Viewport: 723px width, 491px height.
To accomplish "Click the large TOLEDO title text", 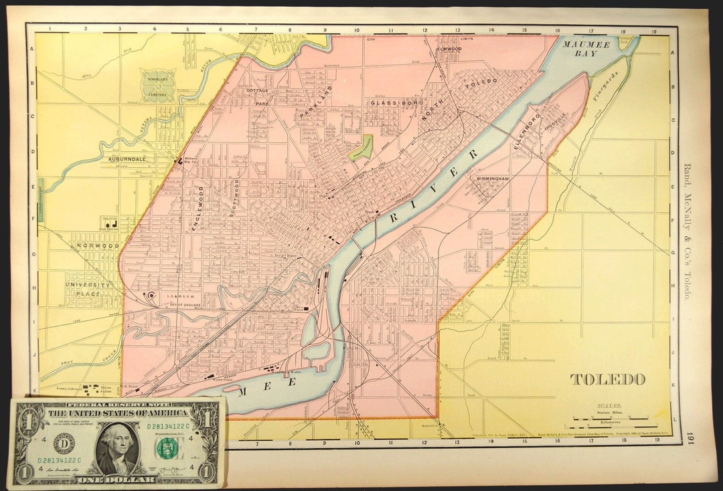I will point(608,379).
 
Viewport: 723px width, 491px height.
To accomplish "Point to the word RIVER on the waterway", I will point(436,186).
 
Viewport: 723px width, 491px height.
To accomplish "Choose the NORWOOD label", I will point(98,246).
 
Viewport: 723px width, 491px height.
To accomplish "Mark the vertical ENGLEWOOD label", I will point(198,208).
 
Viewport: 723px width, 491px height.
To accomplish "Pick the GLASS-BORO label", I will point(394,103).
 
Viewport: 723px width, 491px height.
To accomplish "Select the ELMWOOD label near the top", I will point(449,49).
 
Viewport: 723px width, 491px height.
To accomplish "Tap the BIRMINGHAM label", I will point(493,179).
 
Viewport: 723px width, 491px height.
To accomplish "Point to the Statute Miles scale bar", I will point(609,417).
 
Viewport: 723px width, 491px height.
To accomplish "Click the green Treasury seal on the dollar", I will point(165,448).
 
